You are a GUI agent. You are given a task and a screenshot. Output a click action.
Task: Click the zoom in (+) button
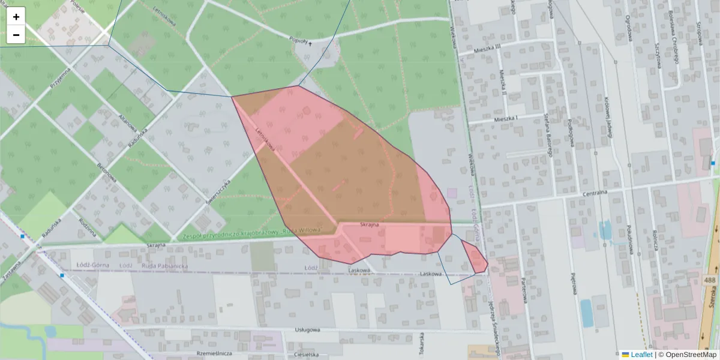coord(16,17)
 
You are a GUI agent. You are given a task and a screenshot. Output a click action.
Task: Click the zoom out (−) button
coord(16,35)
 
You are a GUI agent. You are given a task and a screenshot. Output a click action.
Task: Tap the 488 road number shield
coord(710,280)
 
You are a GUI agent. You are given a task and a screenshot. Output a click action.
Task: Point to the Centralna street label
coord(596,193)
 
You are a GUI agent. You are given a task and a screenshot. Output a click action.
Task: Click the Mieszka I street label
coord(505,118)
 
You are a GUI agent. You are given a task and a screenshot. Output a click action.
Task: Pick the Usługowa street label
coord(308,329)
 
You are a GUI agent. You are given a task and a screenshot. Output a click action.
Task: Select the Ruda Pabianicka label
coord(165,265)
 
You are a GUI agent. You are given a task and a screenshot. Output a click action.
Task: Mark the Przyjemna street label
coord(61,78)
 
